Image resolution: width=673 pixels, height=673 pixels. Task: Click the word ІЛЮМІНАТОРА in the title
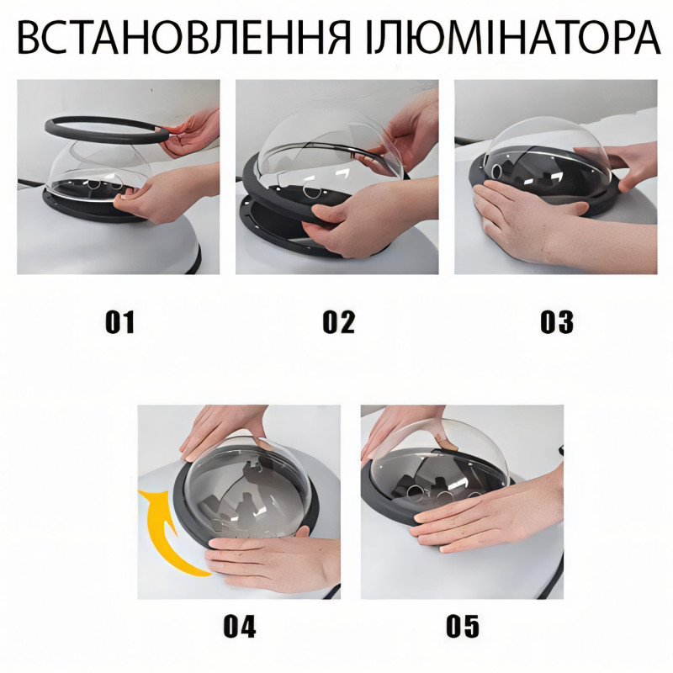pos(513,38)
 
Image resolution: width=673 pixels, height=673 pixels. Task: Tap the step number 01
pos(119,322)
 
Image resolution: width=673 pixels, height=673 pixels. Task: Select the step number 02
pos(339,322)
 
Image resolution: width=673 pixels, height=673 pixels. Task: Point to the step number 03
pos(557,322)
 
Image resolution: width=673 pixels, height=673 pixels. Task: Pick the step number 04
pos(240,626)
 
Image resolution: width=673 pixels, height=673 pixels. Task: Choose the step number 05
pos(462,626)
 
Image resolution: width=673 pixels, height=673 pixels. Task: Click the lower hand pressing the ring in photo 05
pos(485,515)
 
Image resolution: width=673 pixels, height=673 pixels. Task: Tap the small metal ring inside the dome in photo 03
pos(497,172)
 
